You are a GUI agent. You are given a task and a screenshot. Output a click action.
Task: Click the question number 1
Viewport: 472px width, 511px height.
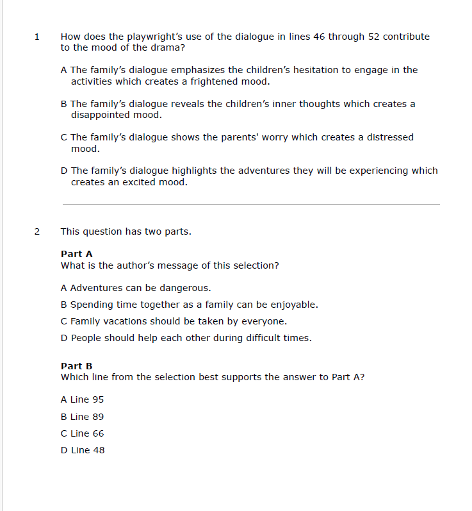[37, 37]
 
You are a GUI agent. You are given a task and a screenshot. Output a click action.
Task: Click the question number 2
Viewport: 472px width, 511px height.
[37, 231]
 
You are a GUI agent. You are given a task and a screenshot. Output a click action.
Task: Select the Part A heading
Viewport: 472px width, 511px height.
[76, 254]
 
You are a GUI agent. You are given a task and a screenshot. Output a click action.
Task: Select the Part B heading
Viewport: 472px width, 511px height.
[76, 366]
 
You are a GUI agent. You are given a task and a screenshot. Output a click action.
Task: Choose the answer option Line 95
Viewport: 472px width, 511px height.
[82, 399]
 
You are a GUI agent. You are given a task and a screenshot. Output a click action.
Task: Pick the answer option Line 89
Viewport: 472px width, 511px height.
[82, 417]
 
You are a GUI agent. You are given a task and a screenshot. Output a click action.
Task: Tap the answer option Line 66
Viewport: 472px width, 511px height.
[82, 433]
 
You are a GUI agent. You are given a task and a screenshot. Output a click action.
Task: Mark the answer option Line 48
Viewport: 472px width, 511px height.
[82, 450]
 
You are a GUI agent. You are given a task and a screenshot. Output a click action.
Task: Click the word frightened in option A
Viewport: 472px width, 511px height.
[213, 81]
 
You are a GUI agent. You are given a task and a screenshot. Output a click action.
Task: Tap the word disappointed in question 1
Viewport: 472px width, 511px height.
[100, 115]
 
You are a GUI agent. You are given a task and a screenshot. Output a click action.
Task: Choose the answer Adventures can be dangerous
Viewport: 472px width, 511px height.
[136, 288]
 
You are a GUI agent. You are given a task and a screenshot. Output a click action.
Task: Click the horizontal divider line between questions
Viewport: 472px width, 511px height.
[251, 204]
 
